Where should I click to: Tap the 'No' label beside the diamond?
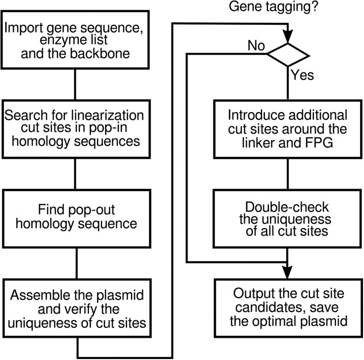[256, 46]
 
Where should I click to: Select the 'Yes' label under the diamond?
[302, 75]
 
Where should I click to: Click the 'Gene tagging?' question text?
[273, 7]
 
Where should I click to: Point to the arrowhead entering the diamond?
[288, 36]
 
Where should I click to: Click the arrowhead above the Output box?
[287, 272]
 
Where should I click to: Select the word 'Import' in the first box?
[23, 28]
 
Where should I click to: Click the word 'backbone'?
[100, 53]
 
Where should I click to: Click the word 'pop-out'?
[92, 210]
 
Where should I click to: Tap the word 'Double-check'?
[287, 207]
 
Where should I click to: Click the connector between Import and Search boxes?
[75, 84]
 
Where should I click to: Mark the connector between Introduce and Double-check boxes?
[288, 174]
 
